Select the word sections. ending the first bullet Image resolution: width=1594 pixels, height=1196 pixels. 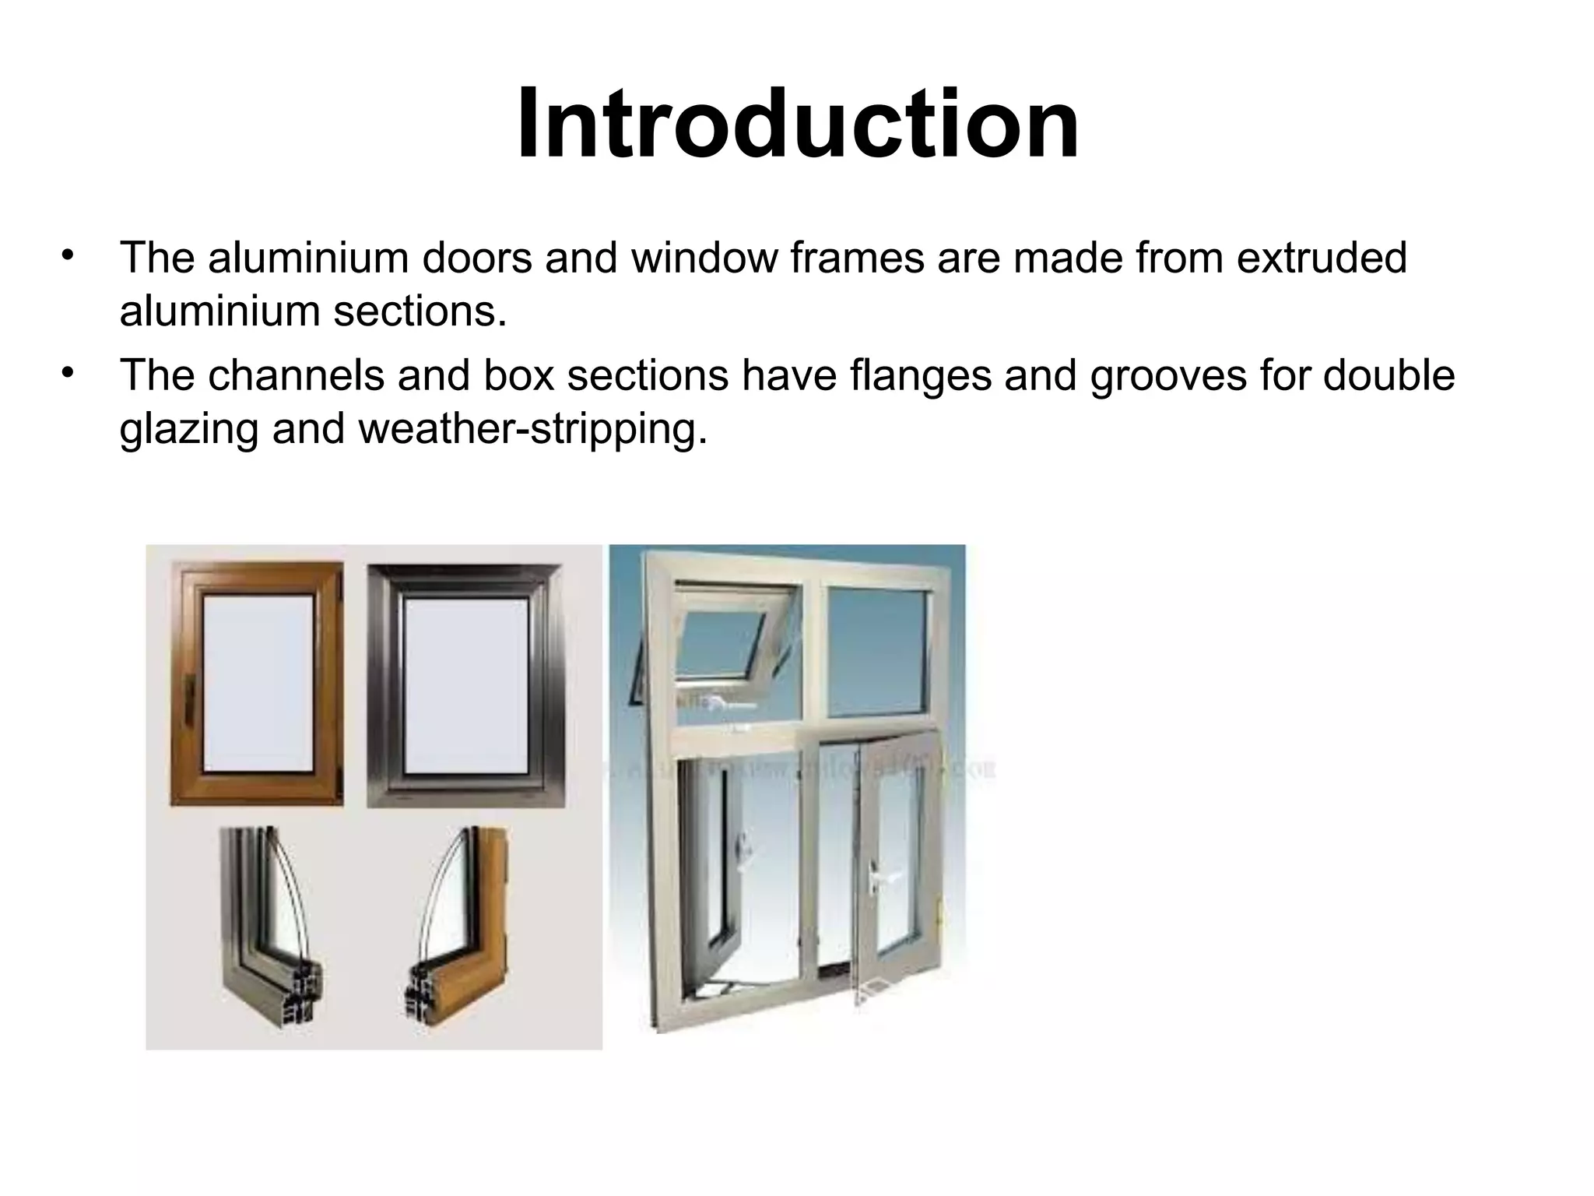point(420,311)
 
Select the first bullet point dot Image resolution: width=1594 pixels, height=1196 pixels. point(68,255)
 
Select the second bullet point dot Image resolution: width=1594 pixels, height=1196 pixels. point(68,374)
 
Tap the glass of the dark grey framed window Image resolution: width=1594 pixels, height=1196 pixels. point(465,685)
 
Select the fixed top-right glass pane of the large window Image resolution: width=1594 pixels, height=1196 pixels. point(877,650)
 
